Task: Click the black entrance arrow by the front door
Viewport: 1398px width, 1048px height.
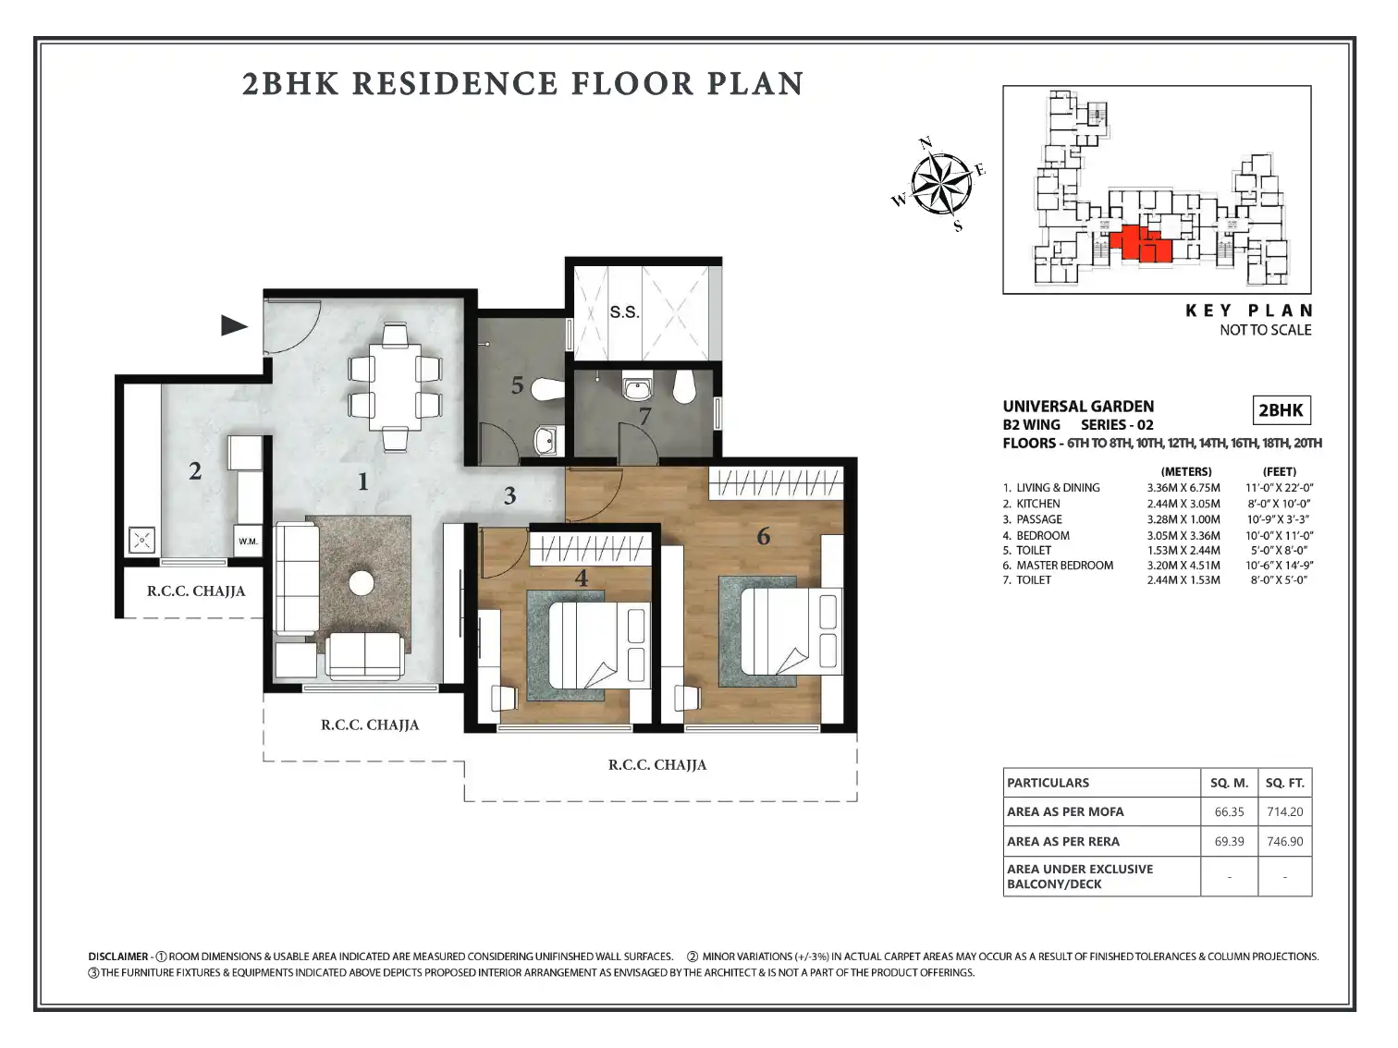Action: coord(234,325)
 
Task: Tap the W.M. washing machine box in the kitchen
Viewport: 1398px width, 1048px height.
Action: coord(248,542)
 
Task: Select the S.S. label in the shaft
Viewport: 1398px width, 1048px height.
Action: coord(624,311)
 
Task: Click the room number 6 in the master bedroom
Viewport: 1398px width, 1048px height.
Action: coord(763,536)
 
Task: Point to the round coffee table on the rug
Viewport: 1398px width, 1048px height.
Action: coord(362,583)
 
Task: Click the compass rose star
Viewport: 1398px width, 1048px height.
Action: coord(940,184)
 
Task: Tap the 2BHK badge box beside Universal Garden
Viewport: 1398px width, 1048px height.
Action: coord(1281,409)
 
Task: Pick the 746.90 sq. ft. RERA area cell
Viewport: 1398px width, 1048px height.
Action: coord(1284,841)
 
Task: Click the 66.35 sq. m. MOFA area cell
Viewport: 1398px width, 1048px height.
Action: coord(1229,812)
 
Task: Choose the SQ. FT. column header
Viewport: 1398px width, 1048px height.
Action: coord(1284,783)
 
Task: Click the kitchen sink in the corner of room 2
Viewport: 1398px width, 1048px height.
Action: coord(141,541)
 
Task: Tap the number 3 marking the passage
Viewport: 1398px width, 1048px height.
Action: coord(509,495)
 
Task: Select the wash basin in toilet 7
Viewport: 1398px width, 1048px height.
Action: coord(636,387)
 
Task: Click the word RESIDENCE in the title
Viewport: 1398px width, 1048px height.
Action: coord(455,83)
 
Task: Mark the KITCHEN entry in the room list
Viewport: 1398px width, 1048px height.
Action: coord(1038,504)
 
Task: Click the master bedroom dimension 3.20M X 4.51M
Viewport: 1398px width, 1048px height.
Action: coord(1183,565)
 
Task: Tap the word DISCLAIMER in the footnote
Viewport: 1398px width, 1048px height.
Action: coord(117,957)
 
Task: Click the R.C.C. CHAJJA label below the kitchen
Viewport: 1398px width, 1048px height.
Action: coord(195,591)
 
